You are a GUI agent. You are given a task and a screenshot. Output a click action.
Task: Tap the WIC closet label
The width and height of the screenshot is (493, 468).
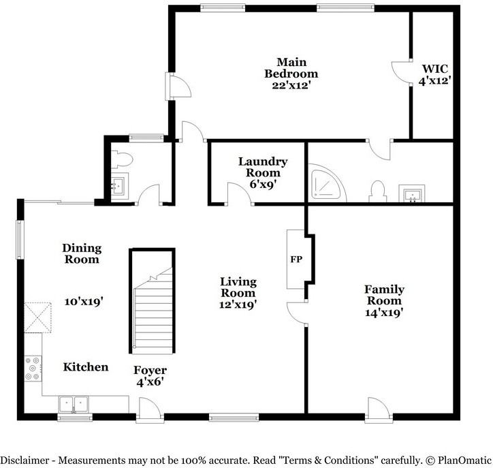click(x=435, y=69)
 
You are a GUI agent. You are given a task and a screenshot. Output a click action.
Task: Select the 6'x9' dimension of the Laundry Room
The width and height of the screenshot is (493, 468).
click(x=262, y=184)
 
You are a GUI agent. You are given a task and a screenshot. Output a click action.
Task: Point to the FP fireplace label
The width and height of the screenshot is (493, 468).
click(x=296, y=260)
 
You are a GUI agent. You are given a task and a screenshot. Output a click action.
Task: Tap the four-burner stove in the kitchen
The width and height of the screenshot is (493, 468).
click(x=33, y=369)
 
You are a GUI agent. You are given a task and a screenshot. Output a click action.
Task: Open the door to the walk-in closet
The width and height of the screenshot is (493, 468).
click(x=400, y=72)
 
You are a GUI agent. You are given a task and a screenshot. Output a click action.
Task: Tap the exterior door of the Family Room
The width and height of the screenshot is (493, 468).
click(x=378, y=408)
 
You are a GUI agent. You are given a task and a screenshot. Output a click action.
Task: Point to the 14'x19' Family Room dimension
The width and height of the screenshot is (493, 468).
click(x=384, y=313)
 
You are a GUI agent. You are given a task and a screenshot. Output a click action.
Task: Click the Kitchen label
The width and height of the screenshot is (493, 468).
click(x=86, y=367)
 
